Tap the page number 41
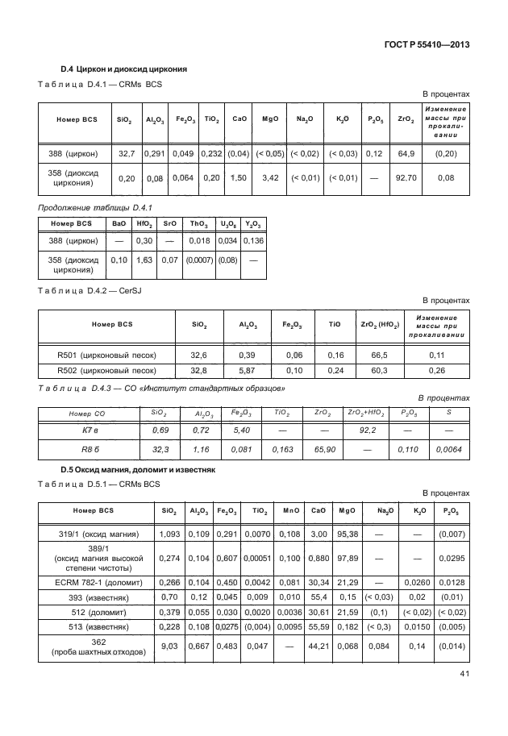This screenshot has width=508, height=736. pos(464,696)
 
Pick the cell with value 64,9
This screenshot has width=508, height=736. pos(406,152)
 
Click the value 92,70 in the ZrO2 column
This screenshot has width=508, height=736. pos(406,177)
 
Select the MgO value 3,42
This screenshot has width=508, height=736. pos(270,177)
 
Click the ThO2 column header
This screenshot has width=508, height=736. pos(198,222)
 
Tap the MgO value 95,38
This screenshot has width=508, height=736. pos(348,534)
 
